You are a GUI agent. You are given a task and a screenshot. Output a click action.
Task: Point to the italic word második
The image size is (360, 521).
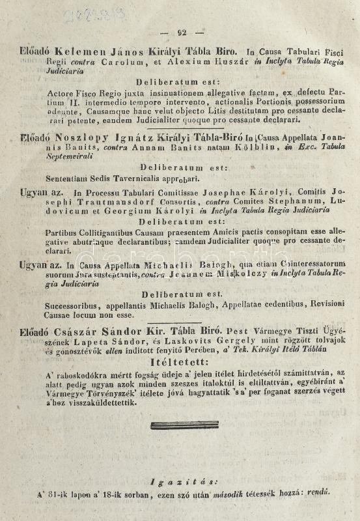227,494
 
